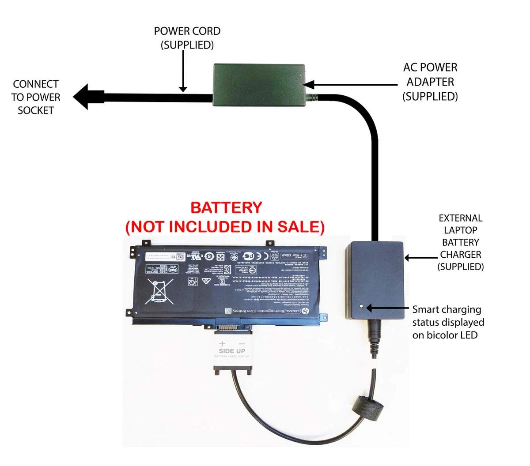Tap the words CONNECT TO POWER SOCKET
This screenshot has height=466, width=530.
tap(36, 97)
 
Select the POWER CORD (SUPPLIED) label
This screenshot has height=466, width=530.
tap(187, 38)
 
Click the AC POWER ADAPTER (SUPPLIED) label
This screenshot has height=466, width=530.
tap(430, 82)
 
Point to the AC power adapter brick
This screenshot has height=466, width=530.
tap(259, 85)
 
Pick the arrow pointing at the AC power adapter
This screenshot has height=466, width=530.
tap(349, 84)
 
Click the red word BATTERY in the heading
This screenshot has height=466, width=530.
tap(226, 207)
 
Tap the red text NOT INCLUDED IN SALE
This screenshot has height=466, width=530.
tap(225, 227)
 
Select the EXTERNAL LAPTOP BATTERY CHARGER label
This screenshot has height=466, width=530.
tap(461, 242)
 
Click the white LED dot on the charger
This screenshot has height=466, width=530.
tap(362, 306)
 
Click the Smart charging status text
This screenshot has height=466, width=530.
tap(448, 322)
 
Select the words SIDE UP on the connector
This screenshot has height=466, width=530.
tap(232, 351)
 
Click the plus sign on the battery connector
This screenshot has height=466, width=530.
tap(222, 343)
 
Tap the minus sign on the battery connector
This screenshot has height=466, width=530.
tap(242, 343)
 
